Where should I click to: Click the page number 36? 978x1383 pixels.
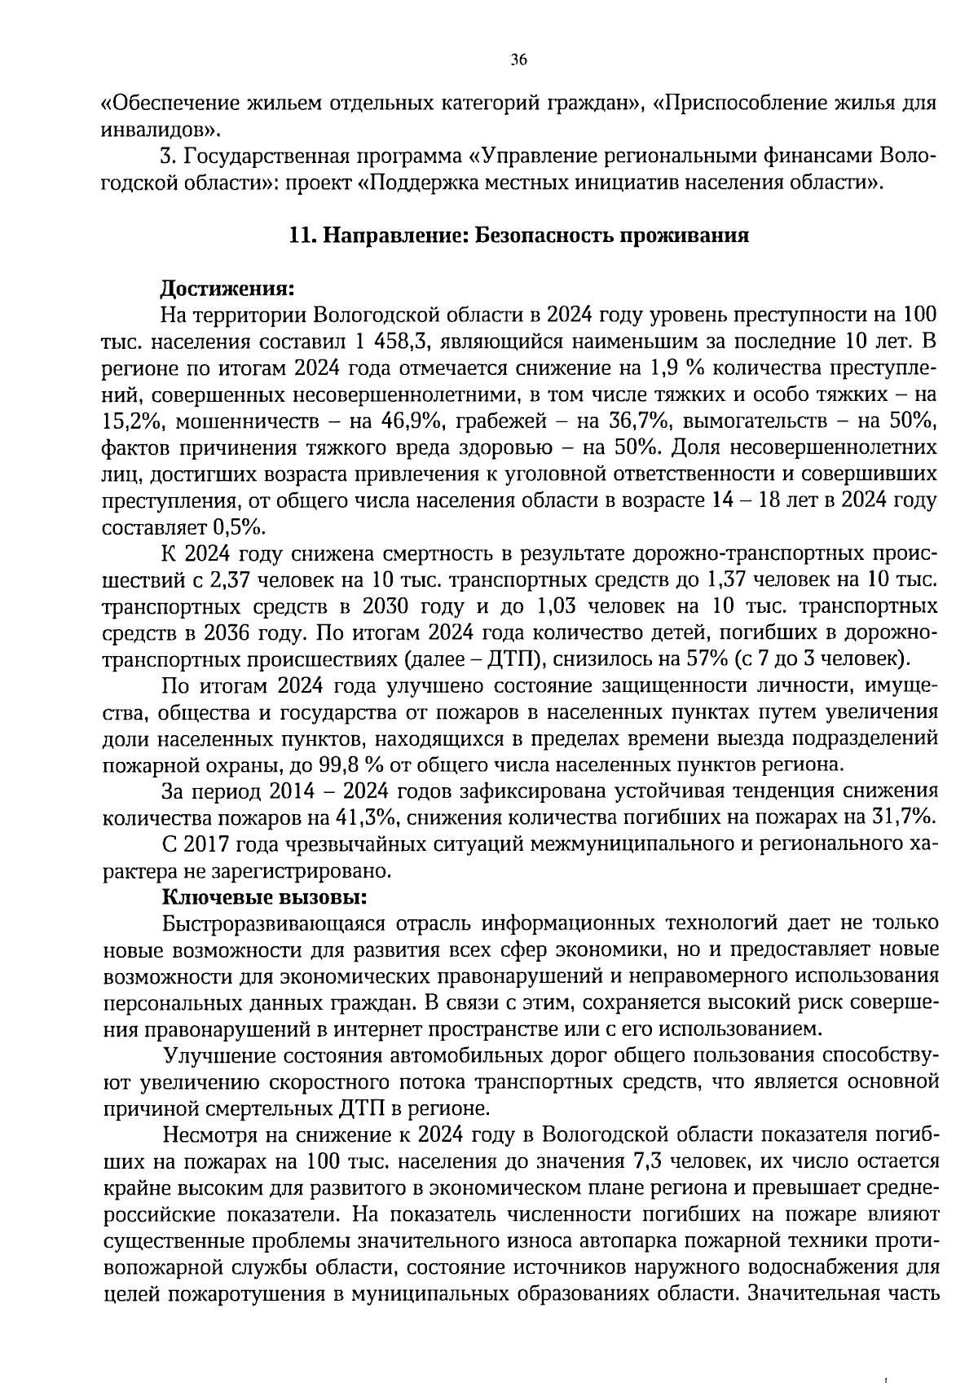pyautogui.click(x=518, y=59)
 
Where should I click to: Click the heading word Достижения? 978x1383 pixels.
pyautogui.click(x=226, y=288)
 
